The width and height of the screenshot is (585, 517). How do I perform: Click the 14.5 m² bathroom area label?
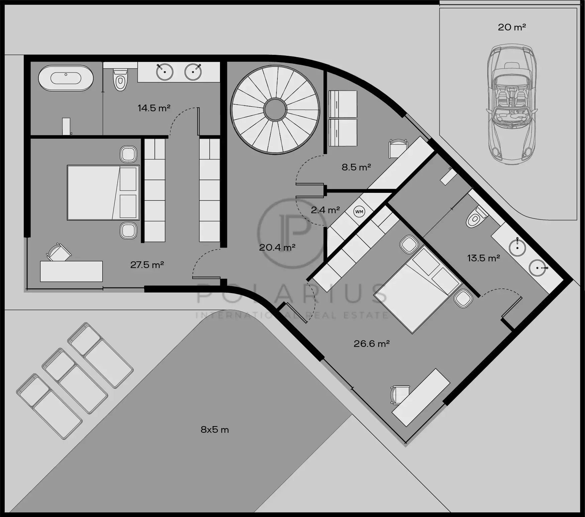154,108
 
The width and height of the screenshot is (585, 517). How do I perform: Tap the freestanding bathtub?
66,78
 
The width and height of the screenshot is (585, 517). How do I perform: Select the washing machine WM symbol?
359,212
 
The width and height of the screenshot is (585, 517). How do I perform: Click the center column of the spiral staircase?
275,109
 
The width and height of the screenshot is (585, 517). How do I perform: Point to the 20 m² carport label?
512,27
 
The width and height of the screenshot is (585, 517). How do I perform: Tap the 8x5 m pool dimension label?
215,430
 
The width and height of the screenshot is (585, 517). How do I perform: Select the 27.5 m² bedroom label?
147,265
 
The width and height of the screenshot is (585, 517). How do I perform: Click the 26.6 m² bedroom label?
372,344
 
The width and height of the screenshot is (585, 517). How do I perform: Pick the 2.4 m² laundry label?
325,210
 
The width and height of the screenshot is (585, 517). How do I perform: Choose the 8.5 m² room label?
356,167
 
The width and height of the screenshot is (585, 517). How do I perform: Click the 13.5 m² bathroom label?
483,258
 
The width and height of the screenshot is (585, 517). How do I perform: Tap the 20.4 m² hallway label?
277,248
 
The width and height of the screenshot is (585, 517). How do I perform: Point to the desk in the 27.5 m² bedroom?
71,271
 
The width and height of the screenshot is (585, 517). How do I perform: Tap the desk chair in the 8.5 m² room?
398,148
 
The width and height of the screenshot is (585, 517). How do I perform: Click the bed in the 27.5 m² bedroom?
103,192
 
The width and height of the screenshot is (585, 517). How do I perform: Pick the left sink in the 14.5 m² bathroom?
165,72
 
